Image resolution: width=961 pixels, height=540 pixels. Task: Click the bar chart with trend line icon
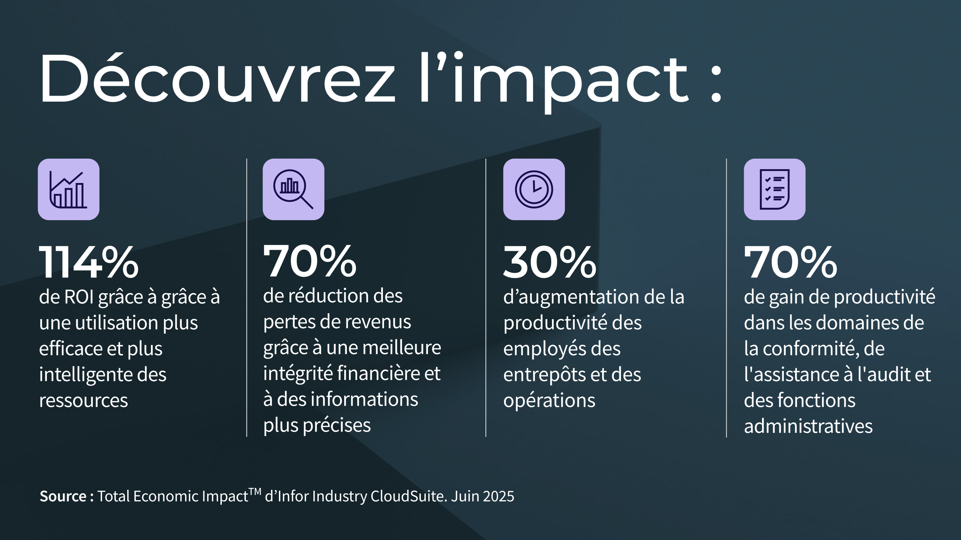tap(69, 189)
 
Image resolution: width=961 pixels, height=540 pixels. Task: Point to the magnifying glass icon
tap(293, 189)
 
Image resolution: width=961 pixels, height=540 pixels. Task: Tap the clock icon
tap(534, 189)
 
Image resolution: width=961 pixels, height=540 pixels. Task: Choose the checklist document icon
tap(774, 189)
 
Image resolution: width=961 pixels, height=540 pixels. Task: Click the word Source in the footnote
tap(63, 496)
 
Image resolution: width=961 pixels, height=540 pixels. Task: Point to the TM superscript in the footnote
tap(255, 492)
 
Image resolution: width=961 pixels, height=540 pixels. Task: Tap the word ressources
tap(83, 400)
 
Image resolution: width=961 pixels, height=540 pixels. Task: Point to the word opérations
tap(549, 401)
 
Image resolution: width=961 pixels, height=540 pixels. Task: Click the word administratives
tap(808, 426)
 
